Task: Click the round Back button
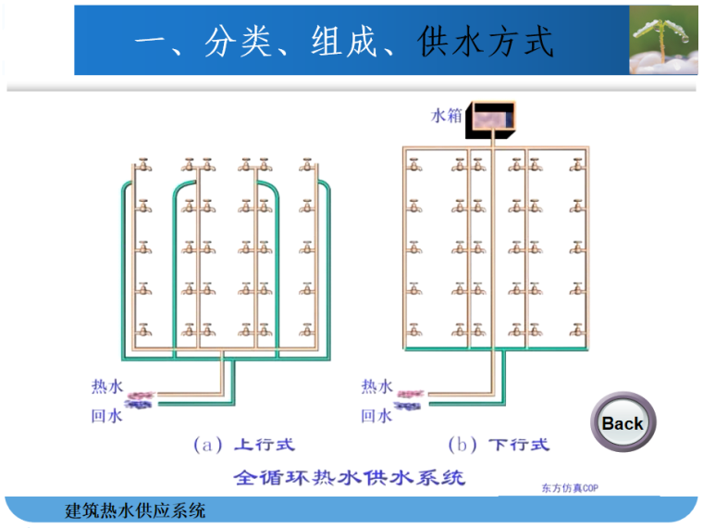pos(622,423)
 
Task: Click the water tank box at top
pos(491,118)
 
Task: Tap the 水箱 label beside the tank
pos(446,117)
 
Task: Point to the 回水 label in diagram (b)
pos(376,416)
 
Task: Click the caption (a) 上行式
pos(243,445)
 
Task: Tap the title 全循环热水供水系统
pos(349,478)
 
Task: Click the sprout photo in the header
pos(663,40)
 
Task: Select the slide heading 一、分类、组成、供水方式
pos(343,42)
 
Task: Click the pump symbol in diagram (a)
pos(140,399)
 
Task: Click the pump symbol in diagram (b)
pos(410,399)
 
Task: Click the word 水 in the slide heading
pos(466,42)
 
